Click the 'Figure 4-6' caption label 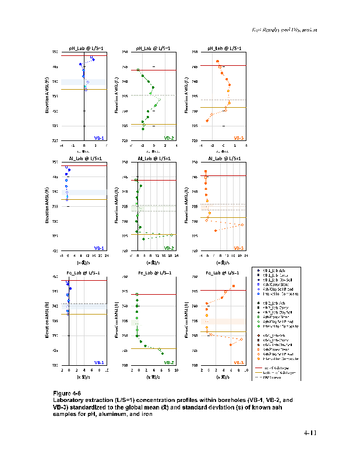69,394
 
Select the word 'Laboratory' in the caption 68,401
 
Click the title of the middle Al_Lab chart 154,158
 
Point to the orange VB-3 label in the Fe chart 238,362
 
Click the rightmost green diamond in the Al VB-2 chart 171,235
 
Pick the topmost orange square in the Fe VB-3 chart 234,286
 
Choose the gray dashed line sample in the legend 257,377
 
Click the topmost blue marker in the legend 257,270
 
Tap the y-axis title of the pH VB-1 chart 46,96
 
